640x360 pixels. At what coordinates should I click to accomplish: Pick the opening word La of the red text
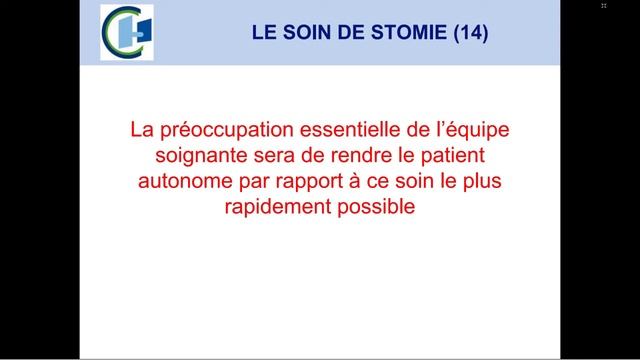click(142, 132)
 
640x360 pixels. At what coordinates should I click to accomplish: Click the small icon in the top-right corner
click(604, 6)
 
